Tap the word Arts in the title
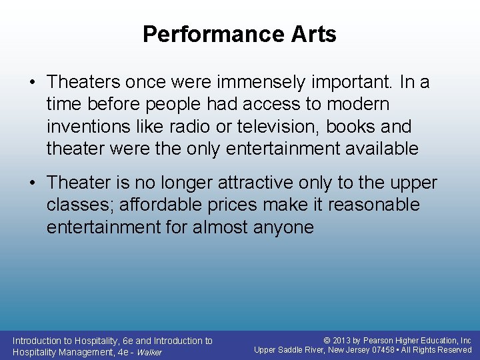coord(313,34)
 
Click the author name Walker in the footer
coord(150,353)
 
